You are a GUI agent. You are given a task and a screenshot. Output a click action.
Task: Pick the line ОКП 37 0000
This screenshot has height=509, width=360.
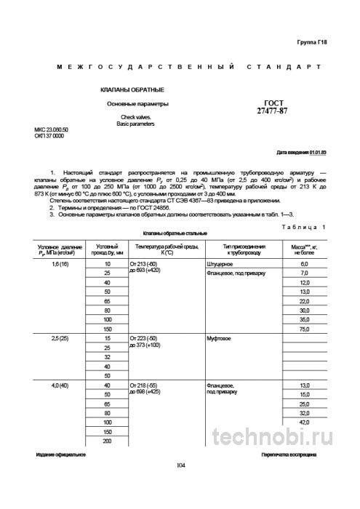click(x=49, y=136)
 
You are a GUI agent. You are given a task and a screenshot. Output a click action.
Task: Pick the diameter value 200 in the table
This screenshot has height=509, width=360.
click(x=108, y=441)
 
